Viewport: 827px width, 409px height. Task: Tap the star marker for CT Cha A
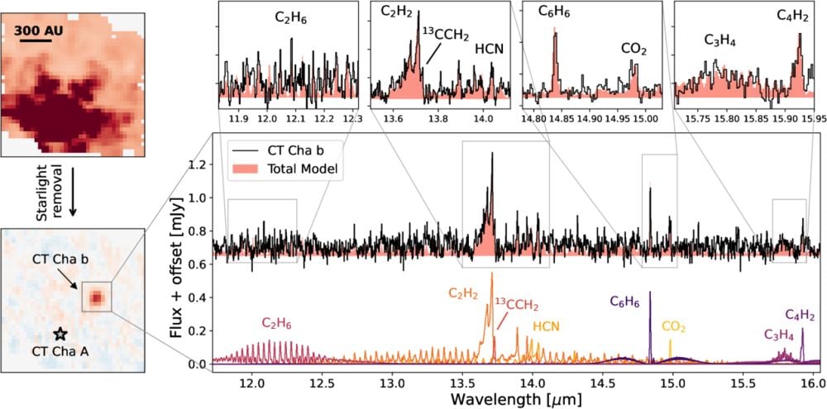point(60,334)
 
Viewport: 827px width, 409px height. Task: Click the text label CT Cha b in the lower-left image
point(60,259)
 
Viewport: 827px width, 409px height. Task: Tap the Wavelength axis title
point(514,399)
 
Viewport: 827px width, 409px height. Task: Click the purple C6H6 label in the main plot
point(625,302)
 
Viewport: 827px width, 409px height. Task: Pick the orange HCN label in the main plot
point(546,326)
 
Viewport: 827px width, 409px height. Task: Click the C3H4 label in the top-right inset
point(719,40)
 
